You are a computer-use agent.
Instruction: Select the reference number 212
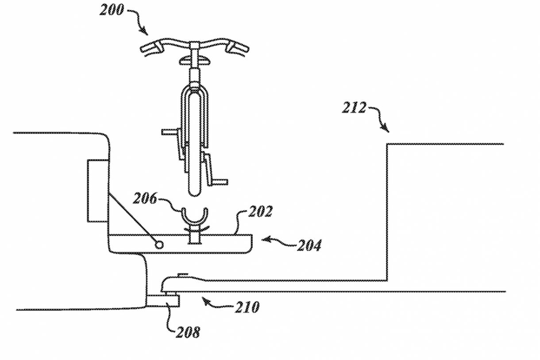pos(354,107)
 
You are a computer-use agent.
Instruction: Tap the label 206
pos(145,199)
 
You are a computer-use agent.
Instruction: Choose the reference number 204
pos(308,245)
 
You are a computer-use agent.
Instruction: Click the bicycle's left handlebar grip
pos(150,47)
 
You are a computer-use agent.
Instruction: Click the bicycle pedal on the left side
pos(170,132)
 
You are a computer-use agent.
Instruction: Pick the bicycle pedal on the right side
pos(220,181)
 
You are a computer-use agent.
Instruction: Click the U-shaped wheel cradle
pos(194,217)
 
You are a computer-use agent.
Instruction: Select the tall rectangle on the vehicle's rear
pos(97,191)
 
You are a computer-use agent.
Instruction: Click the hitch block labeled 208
pos(163,301)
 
